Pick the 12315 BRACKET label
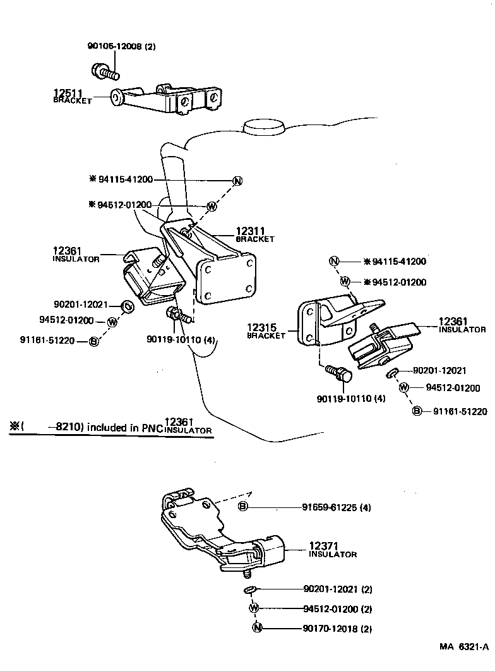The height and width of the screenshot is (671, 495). point(265,331)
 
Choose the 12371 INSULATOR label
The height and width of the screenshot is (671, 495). point(332,549)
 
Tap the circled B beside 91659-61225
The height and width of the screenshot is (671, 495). point(243,507)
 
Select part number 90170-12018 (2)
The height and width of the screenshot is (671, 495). point(337,629)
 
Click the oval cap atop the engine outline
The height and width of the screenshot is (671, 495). point(265,128)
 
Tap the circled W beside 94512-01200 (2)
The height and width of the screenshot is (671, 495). point(254,608)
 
